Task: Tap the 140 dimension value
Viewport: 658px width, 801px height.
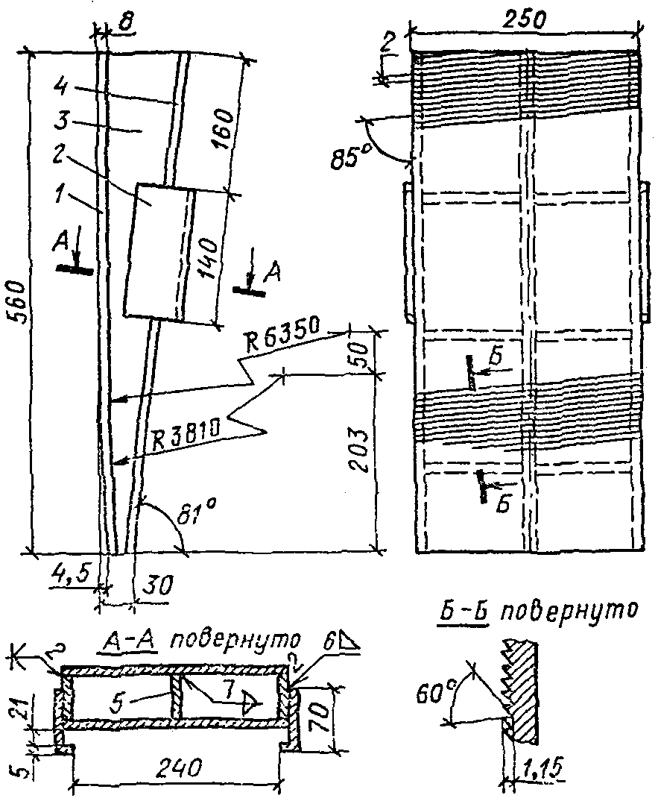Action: click(207, 257)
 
